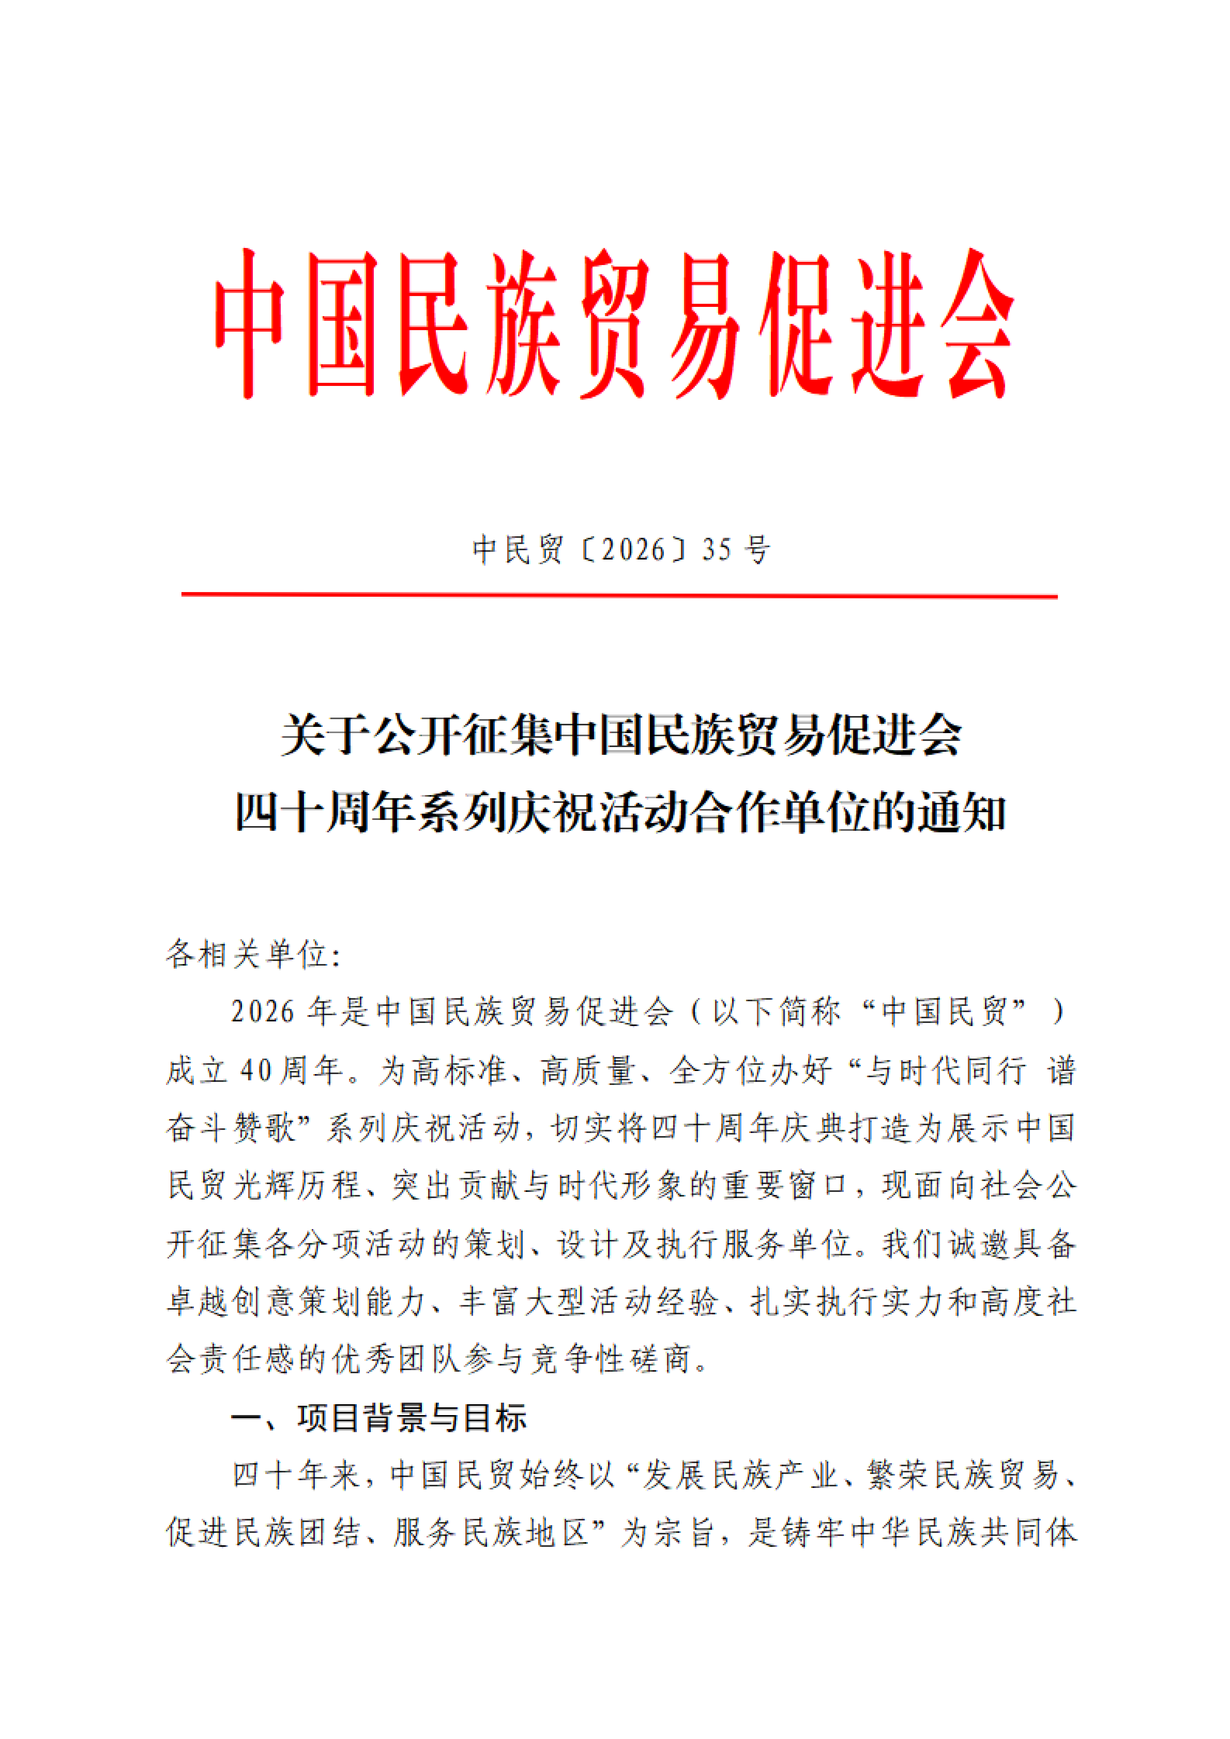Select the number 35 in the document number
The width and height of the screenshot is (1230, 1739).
point(717,549)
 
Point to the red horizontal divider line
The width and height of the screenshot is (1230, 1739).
point(618,595)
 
